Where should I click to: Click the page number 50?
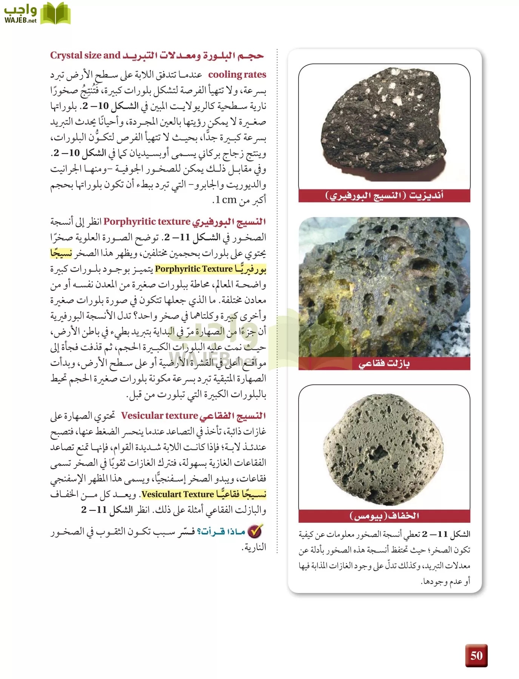coord(476,655)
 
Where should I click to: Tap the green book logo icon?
coord(55,14)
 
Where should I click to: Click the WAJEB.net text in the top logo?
coord(20,20)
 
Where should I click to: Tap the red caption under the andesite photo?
coord(384,196)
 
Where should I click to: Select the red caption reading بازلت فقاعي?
coord(384,364)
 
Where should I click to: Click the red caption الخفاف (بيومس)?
coord(384,516)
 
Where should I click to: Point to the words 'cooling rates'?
coord(237,75)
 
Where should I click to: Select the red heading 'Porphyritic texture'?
coord(147,221)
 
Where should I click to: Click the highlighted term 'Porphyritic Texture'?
coord(194,269)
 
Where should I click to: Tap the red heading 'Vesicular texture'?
coord(159,416)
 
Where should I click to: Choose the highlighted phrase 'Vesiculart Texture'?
coord(178,494)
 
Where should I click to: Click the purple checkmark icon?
coord(256,531)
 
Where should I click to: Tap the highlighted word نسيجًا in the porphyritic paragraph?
coord(61,253)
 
